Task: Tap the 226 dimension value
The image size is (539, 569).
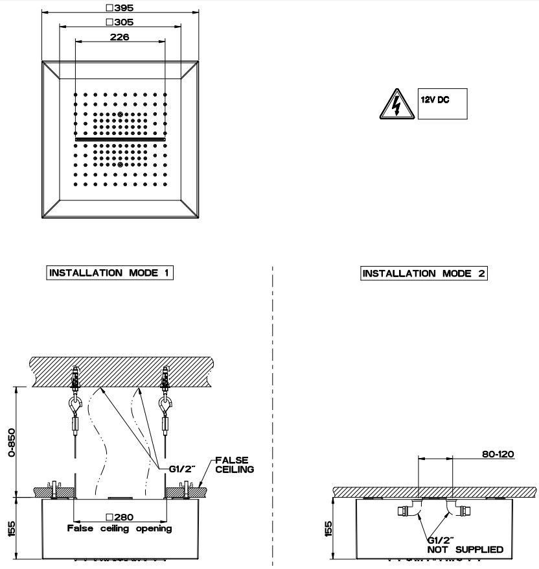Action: click(x=120, y=37)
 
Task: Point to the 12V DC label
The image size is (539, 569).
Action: click(x=435, y=101)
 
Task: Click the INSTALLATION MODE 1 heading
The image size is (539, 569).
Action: click(x=110, y=272)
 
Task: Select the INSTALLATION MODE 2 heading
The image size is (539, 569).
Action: click(x=424, y=273)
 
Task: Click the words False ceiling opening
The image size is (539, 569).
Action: click(x=120, y=528)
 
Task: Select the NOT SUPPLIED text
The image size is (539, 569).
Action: click(x=465, y=550)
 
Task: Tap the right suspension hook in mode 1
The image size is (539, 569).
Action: click(x=165, y=406)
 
